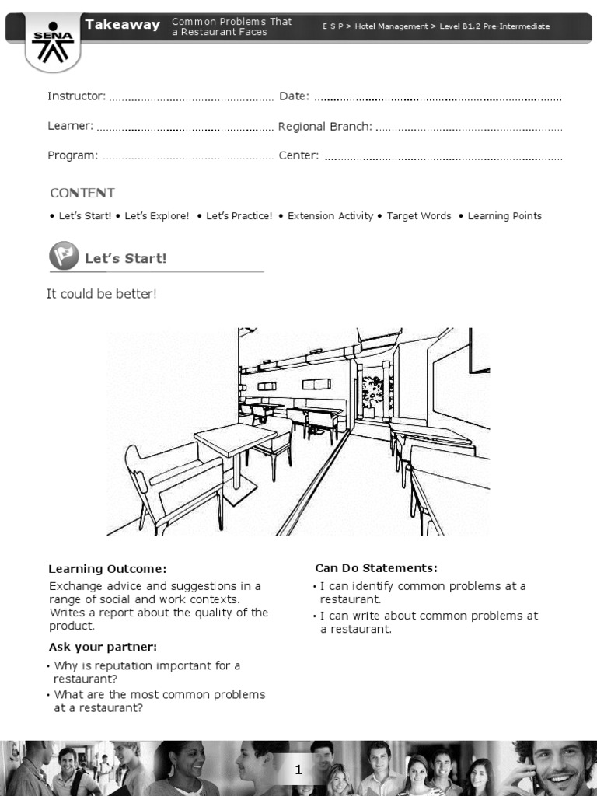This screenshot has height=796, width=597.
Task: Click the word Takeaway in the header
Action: pyautogui.click(x=123, y=25)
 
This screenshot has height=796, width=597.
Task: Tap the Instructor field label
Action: pyautogui.click(x=76, y=96)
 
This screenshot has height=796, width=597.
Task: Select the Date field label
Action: pyautogui.click(x=294, y=96)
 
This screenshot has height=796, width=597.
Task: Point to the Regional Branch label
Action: pyautogui.click(x=325, y=126)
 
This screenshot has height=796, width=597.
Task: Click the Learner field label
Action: pyautogui.click(x=70, y=126)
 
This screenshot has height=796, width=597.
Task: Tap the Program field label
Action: pyautogui.click(x=72, y=155)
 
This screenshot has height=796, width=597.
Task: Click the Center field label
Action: pyautogui.click(x=298, y=155)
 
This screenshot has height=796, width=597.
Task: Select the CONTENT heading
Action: pyautogui.click(x=82, y=193)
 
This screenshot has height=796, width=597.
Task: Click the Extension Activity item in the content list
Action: pyautogui.click(x=330, y=216)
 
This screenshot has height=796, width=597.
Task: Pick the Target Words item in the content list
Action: pyautogui.click(x=418, y=216)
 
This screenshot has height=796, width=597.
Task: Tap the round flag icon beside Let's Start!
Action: pyautogui.click(x=64, y=256)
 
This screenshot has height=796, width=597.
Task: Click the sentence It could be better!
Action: pyautogui.click(x=101, y=294)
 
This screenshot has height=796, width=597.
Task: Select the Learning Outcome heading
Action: pyautogui.click(x=107, y=569)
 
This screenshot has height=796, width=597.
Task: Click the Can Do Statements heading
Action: pyautogui.click(x=375, y=568)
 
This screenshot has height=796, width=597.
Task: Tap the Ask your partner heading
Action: pyautogui.click(x=103, y=647)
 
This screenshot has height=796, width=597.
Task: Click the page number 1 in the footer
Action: pyautogui.click(x=298, y=770)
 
